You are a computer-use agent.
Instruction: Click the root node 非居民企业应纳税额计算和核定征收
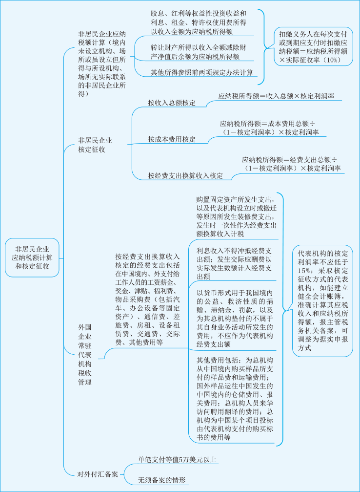pos(32,257)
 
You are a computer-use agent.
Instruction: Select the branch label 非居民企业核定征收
pos(95,145)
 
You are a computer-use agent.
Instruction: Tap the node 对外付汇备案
pos(98,474)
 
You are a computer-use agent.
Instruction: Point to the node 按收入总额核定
pos(172,103)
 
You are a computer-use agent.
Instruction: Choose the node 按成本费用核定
pos(172,139)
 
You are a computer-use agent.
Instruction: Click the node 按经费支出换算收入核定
pos(185,176)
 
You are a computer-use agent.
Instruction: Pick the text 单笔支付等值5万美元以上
pos(178,460)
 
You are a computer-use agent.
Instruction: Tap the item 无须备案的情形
pos(161,480)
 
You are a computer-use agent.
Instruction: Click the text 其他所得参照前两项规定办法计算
pos(202,72)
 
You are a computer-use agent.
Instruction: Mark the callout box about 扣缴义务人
pos(313,46)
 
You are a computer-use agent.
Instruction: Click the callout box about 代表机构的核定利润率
pos(323,300)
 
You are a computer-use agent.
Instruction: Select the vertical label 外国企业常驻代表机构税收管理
pos(84,355)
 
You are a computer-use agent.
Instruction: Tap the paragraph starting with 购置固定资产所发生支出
pos(236,216)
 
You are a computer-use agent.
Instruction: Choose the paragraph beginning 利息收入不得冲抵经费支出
pos(234,263)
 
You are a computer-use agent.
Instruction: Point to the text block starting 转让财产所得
pos(199,52)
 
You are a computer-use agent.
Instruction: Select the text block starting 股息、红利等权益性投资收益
pos(199,22)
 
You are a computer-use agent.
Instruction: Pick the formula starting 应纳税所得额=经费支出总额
pos(291,164)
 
